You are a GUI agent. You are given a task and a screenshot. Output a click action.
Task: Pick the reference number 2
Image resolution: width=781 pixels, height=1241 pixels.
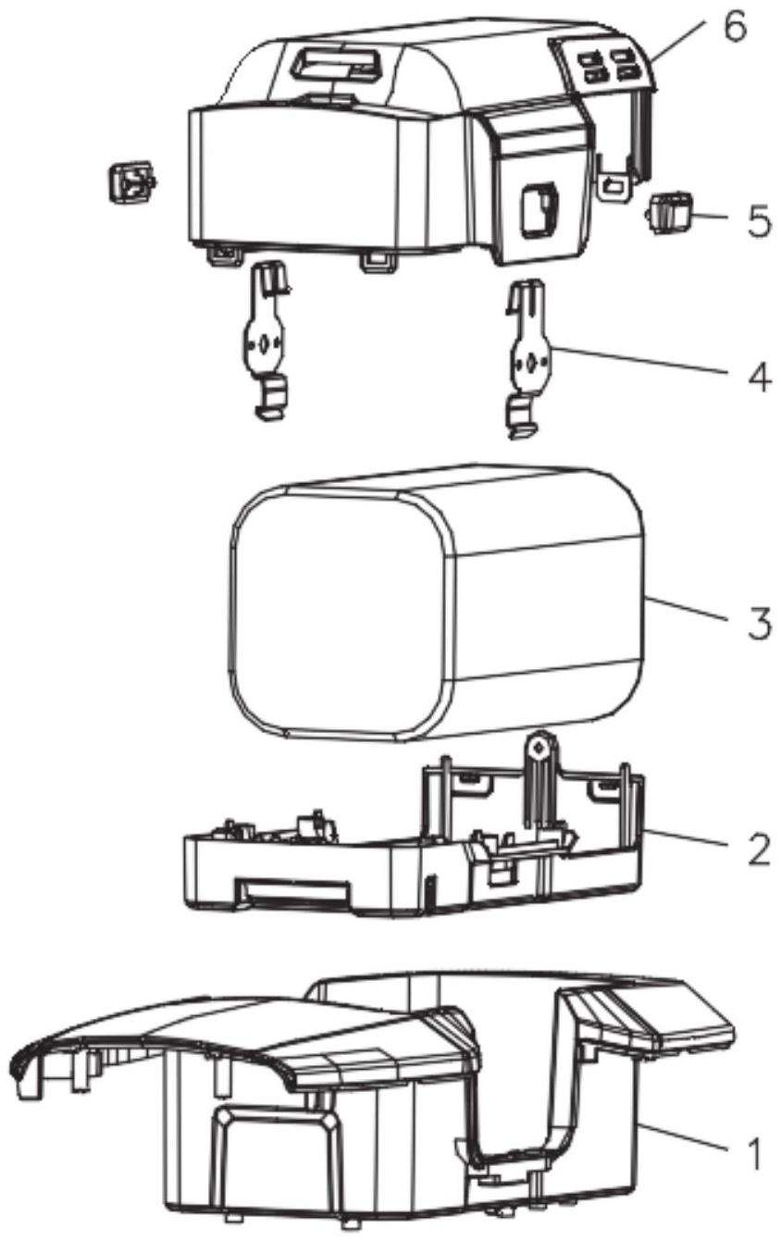point(758,850)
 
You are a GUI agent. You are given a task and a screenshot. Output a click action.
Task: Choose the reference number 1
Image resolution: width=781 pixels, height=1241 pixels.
point(756,1153)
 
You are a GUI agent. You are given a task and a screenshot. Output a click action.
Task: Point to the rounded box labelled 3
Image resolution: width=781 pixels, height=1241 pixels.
point(435,611)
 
